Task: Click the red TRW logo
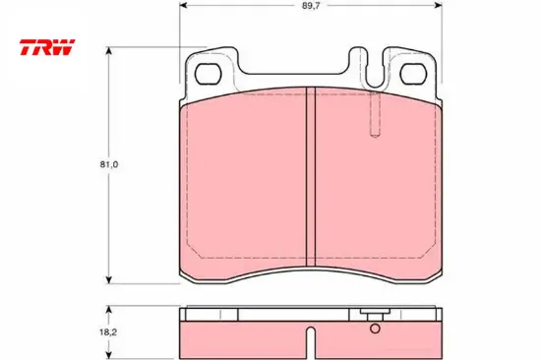[x=47, y=47]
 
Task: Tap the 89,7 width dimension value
[x=311, y=6]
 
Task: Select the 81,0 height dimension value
[x=109, y=164]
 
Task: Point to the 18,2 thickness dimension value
[x=108, y=332]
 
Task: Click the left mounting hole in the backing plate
[x=209, y=74]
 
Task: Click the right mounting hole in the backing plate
[x=413, y=74]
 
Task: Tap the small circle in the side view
[x=375, y=329]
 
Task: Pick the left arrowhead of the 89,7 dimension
[x=183, y=5]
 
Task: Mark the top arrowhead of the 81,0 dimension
[x=108, y=50]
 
